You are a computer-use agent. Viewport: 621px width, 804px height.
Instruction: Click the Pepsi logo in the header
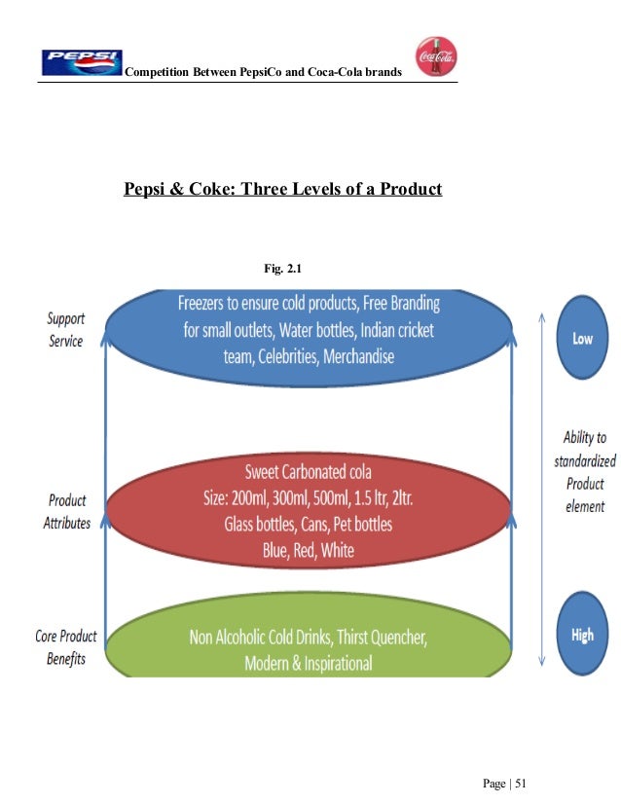pyautogui.click(x=82, y=62)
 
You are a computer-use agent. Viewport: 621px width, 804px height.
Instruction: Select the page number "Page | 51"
pyautogui.click(x=503, y=785)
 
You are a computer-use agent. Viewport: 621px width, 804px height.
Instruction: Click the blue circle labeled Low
pyautogui.click(x=582, y=340)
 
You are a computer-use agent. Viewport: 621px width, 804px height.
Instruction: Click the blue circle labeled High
pyautogui.click(x=582, y=635)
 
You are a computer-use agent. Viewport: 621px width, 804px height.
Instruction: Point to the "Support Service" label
pyautogui.click(x=67, y=330)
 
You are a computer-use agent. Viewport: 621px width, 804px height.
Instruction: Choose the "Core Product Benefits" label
pyautogui.click(x=66, y=647)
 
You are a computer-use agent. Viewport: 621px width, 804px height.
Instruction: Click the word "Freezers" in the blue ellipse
pyautogui.click(x=208, y=303)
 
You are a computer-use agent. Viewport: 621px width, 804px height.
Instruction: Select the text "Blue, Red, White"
pyautogui.click(x=308, y=550)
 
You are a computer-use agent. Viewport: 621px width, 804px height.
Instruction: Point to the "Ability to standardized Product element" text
pyautogui.click(x=584, y=472)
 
